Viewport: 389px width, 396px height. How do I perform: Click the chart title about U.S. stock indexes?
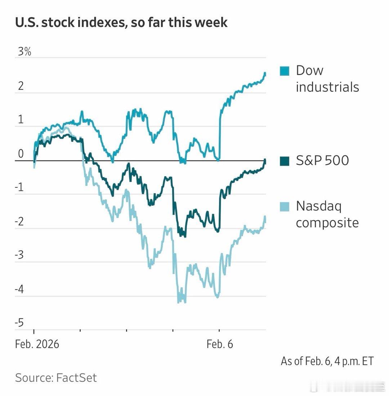(x=121, y=22)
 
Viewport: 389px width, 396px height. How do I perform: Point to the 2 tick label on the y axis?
(x=21, y=86)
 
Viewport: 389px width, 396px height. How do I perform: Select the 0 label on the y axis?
(x=21, y=154)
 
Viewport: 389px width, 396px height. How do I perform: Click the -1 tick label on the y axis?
(x=19, y=188)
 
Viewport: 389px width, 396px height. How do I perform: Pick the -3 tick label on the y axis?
(x=19, y=256)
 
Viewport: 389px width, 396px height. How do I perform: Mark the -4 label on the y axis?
(x=19, y=290)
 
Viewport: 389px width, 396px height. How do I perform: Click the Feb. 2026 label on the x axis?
(x=37, y=344)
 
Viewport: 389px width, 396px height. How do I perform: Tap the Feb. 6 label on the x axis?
(x=220, y=344)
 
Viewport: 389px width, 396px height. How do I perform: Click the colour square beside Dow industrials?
(x=285, y=71)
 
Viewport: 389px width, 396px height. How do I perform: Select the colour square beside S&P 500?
(x=285, y=161)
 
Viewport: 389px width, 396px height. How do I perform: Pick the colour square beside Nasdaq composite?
(x=285, y=206)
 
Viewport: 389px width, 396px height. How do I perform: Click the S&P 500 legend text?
(x=322, y=160)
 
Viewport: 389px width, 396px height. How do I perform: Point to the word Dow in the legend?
(x=310, y=70)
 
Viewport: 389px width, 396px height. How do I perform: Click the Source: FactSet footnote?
(x=56, y=378)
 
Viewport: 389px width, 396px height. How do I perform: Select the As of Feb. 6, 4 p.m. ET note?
(x=327, y=361)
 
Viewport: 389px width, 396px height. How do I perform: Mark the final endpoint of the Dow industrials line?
(x=265, y=74)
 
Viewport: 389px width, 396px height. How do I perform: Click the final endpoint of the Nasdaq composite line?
(x=265, y=217)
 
